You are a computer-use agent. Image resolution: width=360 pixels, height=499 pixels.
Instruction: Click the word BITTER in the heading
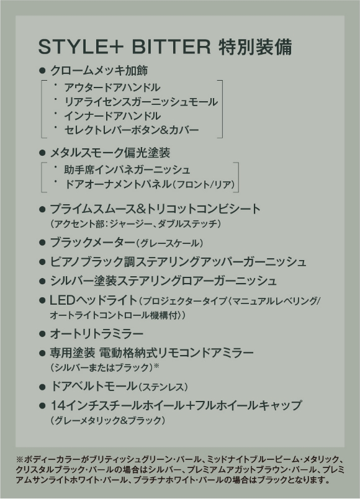tap(171, 47)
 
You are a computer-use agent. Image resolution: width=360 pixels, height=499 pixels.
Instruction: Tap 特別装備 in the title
tap(255, 47)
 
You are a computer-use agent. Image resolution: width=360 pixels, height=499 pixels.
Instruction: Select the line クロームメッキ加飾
tap(99, 71)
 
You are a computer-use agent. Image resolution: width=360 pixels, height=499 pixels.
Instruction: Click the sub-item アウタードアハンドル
tap(112, 87)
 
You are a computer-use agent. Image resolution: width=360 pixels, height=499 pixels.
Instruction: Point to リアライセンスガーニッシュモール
tap(141, 102)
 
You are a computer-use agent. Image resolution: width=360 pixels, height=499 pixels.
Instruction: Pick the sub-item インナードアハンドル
tap(112, 116)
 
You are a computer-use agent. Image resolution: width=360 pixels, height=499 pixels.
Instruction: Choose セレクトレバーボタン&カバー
tap(132, 130)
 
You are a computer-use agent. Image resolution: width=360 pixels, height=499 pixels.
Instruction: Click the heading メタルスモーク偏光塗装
tap(110, 153)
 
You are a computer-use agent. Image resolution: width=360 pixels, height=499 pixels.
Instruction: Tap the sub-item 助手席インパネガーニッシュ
tap(127, 169)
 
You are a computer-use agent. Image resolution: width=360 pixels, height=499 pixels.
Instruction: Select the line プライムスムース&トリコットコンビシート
tap(155, 209)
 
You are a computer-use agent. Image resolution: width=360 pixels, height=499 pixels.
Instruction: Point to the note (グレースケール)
tap(169, 243)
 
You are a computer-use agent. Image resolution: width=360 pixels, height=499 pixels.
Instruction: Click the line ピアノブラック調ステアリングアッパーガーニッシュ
tap(178, 261)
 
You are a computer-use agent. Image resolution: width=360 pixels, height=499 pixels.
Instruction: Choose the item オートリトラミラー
tap(97, 334)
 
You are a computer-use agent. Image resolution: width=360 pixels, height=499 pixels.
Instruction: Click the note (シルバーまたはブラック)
tap(102, 368)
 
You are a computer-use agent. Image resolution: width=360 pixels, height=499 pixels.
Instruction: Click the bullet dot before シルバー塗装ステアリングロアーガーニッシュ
tap(42, 281)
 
